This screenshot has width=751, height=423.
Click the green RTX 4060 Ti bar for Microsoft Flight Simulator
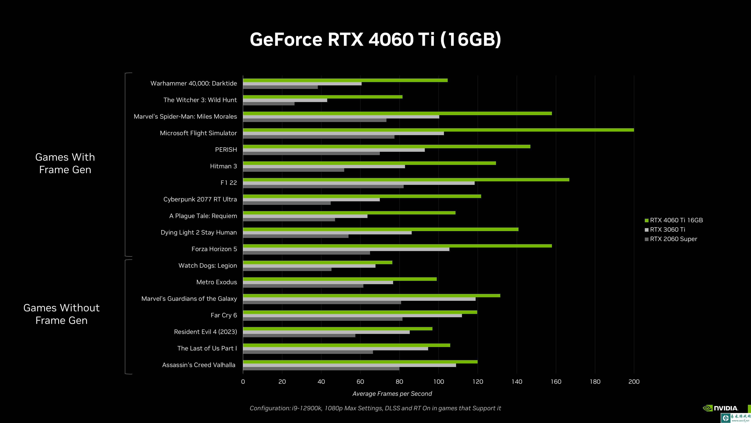tap(437, 130)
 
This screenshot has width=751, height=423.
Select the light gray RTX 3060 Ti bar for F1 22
tap(359, 183)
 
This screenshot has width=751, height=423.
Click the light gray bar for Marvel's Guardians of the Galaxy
tap(359, 299)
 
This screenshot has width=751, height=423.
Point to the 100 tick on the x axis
tap(438, 381)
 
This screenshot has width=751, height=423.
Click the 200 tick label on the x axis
tap(634, 381)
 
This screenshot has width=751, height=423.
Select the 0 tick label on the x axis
tap(243, 381)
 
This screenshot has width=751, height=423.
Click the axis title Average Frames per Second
tap(392, 393)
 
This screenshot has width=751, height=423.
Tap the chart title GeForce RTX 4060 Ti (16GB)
tap(375, 39)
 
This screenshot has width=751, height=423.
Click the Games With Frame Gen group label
tap(65, 163)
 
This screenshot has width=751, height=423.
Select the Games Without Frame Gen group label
tap(62, 314)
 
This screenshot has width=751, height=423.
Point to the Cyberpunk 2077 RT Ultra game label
tap(200, 199)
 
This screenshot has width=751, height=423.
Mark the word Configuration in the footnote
tap(270, 408)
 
